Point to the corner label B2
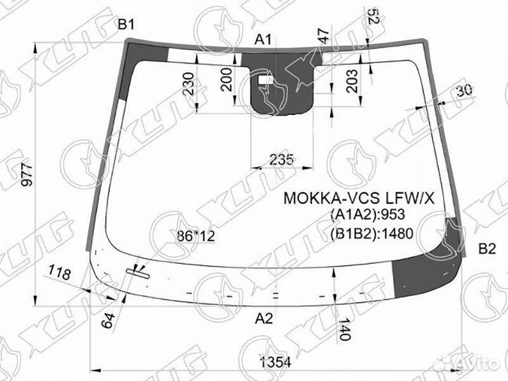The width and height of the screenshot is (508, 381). click(x=488, y=248)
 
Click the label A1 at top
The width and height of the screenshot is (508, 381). click(x=263, y=40)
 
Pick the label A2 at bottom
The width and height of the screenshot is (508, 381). click(x=263, y=318)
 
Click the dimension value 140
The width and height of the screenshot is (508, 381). click(x=344, y=329)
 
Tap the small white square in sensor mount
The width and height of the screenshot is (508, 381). click(x=265, y=82)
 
